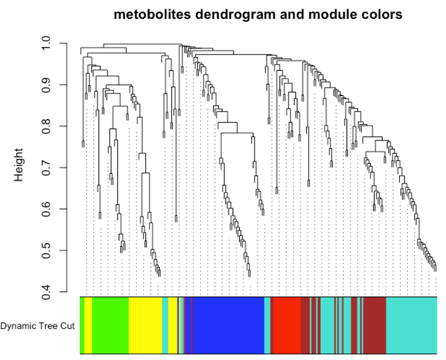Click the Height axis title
[x=18, y=165]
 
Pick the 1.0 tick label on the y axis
[x=47, y=43]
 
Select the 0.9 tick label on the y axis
[x=47, y=85]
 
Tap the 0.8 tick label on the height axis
[x=47, y=126]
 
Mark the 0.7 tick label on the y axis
[x=47, y=167]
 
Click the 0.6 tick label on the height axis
[x=47, y=209]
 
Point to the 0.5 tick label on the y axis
[x=47, y=250]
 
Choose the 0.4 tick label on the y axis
[x=47, y=292]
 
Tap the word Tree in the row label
[x=45, y=326]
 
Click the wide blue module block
[x=228, y=325]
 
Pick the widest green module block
[x=110, y=325]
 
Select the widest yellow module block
[x=145, y=325]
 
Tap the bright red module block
[x=287, y=325]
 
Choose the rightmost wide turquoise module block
[x=412, y=325]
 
